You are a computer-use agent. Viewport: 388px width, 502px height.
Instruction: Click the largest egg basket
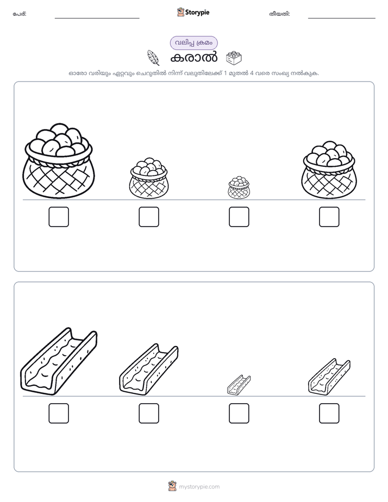click(59, 161)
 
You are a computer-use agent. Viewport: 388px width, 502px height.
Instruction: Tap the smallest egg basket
click(239, 187)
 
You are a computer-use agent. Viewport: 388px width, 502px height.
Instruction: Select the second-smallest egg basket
click(148, 178)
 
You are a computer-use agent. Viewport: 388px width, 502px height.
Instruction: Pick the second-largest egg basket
click(329, 170)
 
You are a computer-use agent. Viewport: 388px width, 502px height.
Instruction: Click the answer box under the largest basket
click(59, 217)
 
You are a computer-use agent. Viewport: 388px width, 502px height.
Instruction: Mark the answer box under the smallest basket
click(239, 217)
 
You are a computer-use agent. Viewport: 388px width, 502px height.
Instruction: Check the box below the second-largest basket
click(329, 217)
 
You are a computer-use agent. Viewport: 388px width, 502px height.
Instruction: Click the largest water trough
click(59, 361)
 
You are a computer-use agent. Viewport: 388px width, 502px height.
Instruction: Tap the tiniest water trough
click(239, 385)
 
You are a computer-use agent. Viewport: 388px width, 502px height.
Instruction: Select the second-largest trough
click(148, 369)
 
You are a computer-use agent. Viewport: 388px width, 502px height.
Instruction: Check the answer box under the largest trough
click(59, 413)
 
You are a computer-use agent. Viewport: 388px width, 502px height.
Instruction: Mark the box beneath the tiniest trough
click(239, 413)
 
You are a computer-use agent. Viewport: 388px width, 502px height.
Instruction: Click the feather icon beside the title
click(153, 58)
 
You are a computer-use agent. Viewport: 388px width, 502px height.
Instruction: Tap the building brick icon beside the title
click(234, 58)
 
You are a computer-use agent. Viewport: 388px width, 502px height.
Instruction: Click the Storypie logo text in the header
click(197, 12)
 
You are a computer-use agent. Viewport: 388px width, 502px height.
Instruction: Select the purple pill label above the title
click(193, 43)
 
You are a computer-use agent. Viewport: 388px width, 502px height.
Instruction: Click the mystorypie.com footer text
click(199, 487)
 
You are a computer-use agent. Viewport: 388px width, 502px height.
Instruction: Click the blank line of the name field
click(97, 18)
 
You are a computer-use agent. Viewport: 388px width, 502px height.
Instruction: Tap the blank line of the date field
click(342, 18)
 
